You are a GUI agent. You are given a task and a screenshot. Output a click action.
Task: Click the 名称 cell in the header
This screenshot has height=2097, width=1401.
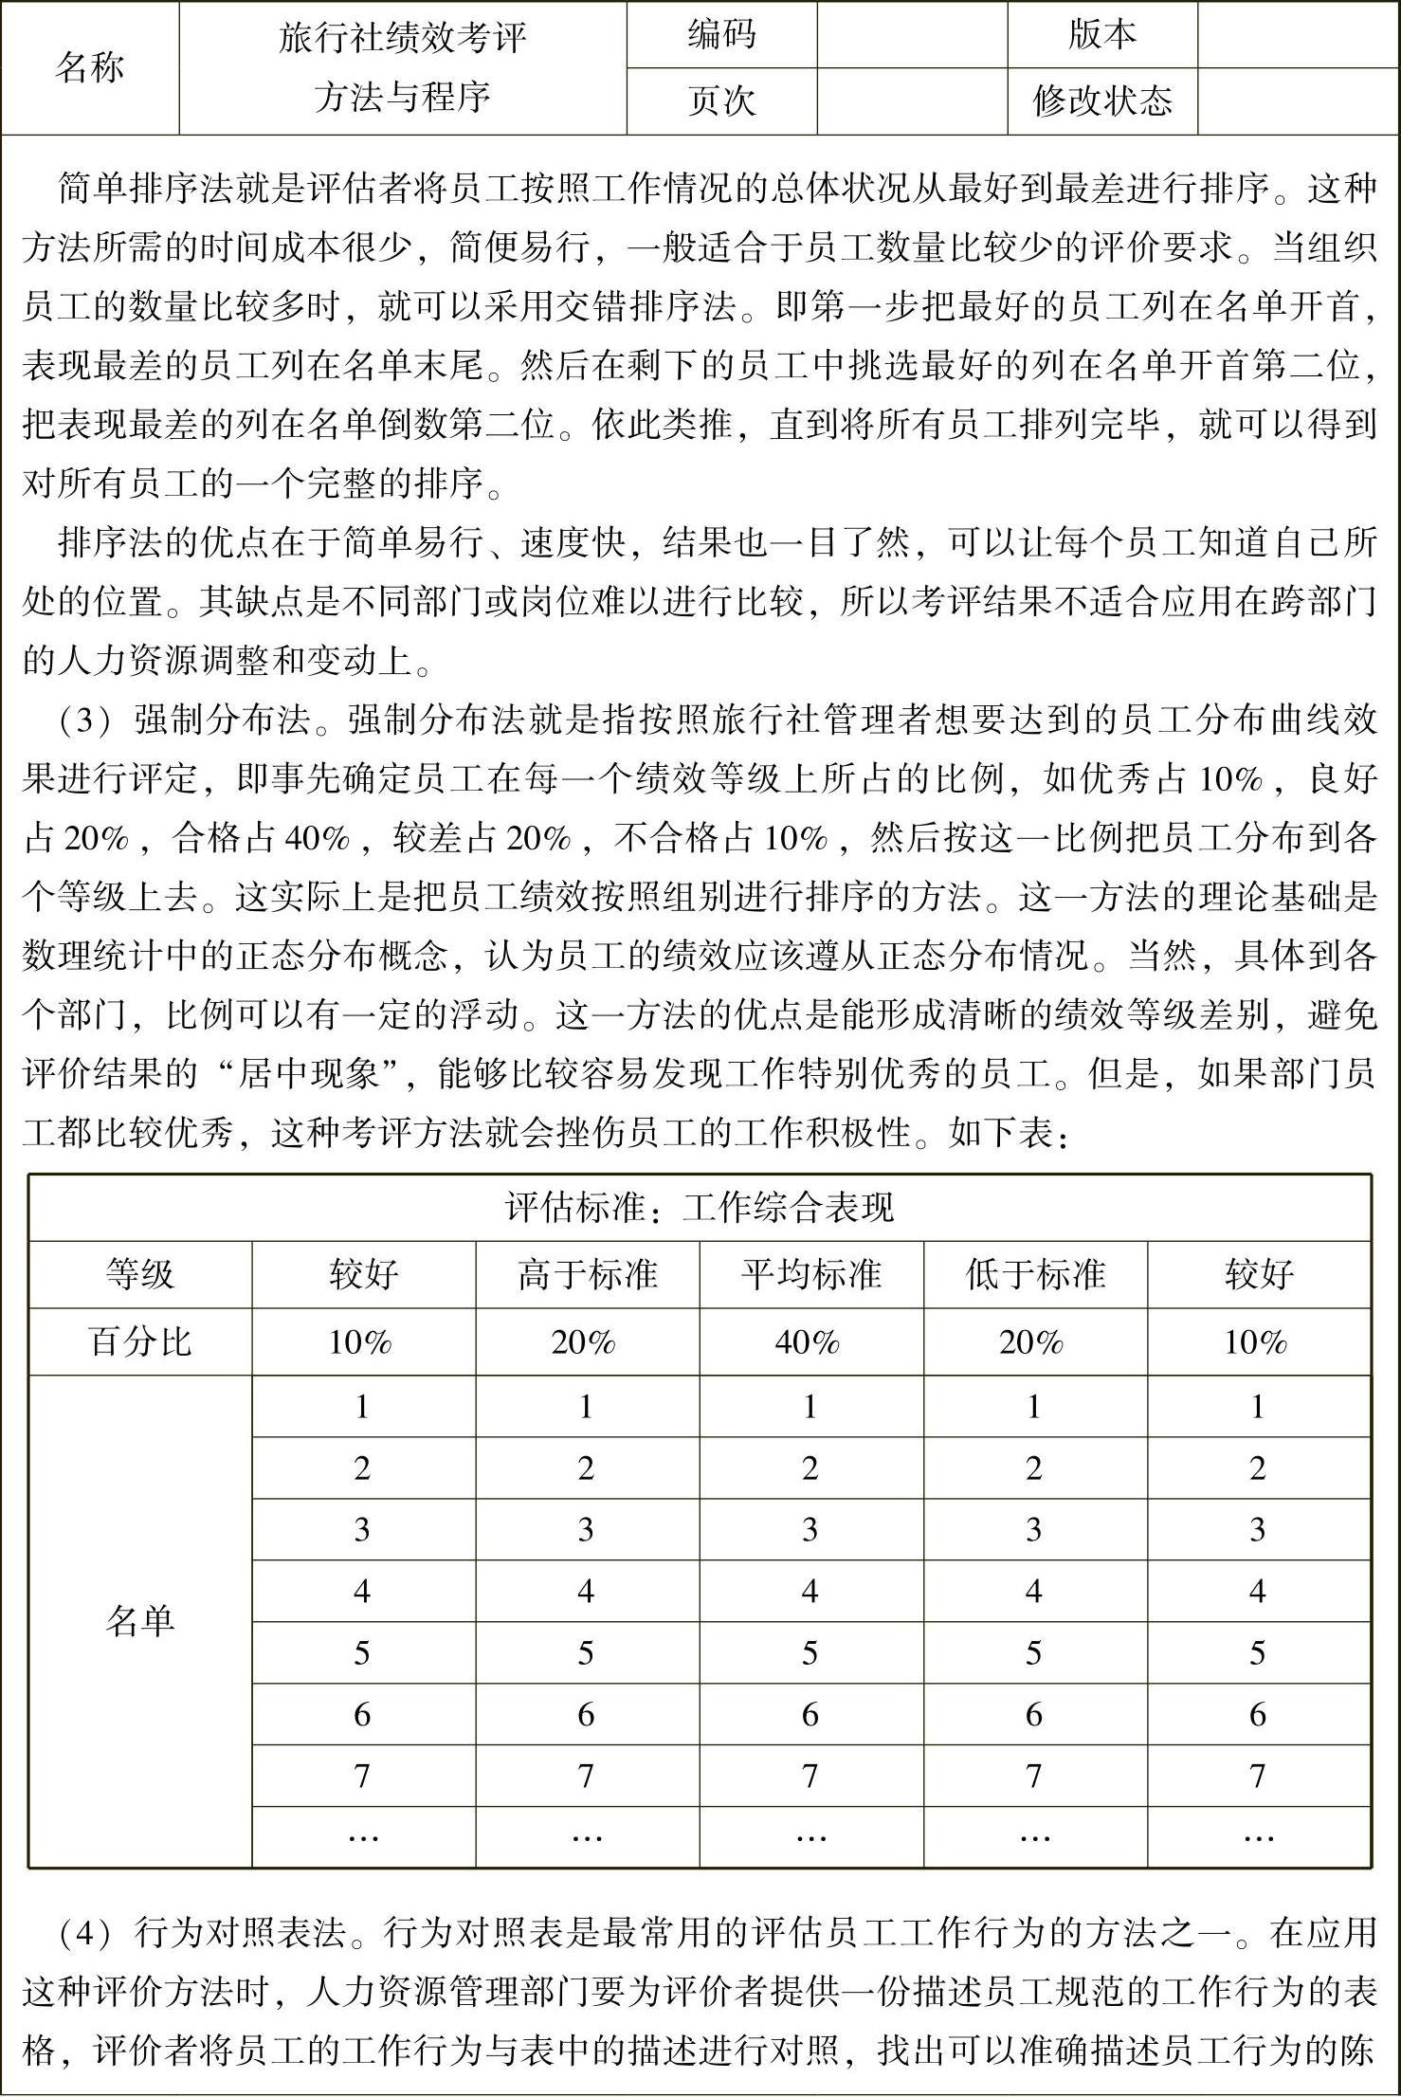point(89,68)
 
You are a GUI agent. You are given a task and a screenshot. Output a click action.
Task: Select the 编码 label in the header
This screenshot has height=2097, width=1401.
point(721,34)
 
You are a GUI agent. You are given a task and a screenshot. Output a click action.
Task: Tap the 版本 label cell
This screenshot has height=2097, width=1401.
point(1101,34)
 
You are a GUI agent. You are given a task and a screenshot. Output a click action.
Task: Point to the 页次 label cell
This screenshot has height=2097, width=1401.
point(721,100)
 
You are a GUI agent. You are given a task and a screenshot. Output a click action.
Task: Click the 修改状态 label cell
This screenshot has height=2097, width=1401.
point(1101,100)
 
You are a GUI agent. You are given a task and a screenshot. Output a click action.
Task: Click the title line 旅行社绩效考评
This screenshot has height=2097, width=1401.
point(402,39)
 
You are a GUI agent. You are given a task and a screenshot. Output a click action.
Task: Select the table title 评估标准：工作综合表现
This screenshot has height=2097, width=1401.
point(700,1208)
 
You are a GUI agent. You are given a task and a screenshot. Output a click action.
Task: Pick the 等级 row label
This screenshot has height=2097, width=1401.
point(140,1274)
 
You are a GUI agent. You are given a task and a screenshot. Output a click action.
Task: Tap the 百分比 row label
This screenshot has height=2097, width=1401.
point(140,1341)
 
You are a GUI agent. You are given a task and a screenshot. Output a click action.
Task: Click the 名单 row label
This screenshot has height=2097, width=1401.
point(140,1621)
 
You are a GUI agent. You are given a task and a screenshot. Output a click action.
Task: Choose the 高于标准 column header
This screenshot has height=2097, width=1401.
point(587,1274)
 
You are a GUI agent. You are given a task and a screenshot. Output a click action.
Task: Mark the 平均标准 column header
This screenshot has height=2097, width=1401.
point(811,1274)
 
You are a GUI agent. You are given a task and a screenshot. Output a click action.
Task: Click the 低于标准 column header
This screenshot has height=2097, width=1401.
point(1035,1274)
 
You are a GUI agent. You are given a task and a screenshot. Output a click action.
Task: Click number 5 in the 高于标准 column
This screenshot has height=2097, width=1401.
point(586,1652)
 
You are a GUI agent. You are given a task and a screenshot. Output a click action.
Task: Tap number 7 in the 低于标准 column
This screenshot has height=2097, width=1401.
point(1034,1776)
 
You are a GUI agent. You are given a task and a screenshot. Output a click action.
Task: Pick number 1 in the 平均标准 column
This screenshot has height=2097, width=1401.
point(810,1406)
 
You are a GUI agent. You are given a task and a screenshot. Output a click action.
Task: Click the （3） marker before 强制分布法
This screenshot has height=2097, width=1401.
point(85,720)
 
